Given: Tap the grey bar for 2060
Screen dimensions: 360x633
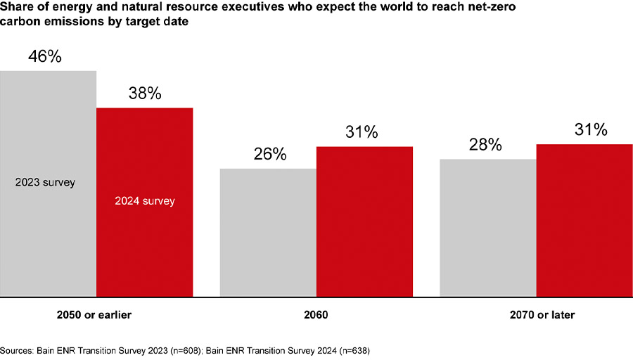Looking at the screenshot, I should pos(268,232).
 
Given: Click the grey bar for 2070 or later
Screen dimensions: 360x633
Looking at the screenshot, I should pos(487,229).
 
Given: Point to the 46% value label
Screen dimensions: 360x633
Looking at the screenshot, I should pos(45,57).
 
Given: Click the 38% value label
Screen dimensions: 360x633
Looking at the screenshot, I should pos(144,94).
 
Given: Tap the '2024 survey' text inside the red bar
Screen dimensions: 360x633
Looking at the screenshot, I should pos(144,200).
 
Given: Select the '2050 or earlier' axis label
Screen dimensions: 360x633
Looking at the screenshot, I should pos(94,316).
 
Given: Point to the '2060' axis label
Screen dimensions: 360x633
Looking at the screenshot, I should pos(316,316).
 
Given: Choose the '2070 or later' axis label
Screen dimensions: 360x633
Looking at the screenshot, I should pos(541,316).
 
